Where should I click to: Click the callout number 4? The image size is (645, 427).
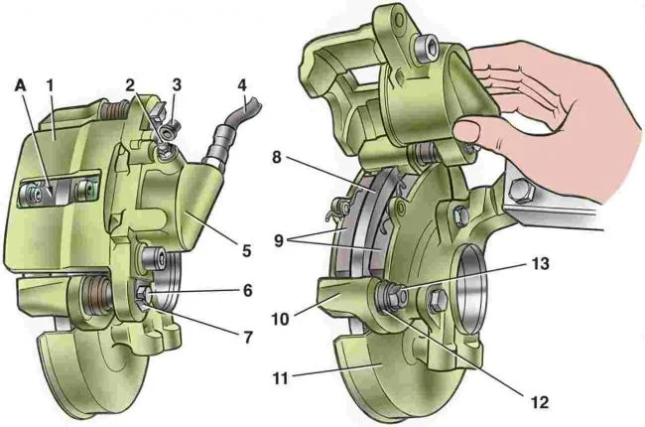coord(241,85)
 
